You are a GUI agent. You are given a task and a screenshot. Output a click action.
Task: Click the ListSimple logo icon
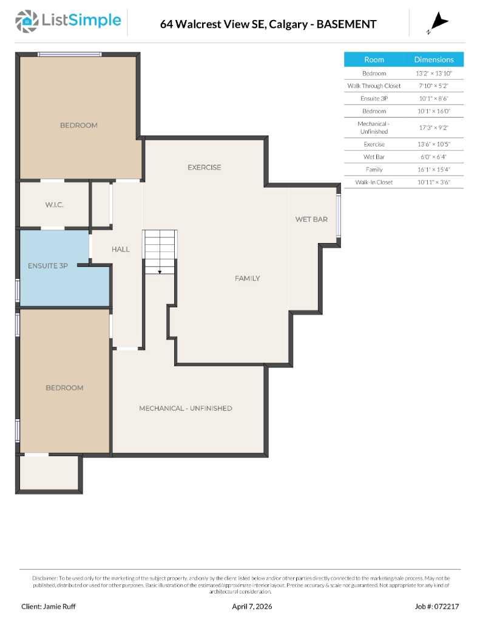pos(26,21)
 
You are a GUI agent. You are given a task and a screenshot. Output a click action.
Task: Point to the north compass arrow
pos(439,24)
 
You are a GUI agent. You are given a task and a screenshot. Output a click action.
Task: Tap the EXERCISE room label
pos(204,168)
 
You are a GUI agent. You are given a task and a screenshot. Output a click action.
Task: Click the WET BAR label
pos(311,219)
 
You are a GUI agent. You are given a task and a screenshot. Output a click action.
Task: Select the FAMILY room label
pos(248,278)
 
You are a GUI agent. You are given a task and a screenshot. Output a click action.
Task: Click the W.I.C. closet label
pos(54,205)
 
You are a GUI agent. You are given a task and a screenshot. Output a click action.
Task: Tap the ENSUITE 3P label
pos(48,265)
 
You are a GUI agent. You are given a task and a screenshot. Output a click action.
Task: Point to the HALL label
pos(120,249)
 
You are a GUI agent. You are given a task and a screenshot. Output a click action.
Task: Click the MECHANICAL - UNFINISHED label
pos(186,408)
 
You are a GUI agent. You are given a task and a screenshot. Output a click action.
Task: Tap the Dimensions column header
pos(434,60)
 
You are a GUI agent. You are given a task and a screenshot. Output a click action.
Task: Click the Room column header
pos(374,60)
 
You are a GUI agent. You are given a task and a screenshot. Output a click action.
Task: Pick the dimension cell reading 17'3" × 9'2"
pos(434,128)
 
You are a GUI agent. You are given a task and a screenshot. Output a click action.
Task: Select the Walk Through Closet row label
pos(374,86)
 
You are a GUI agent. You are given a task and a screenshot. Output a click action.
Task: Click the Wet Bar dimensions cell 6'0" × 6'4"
pos(434,157)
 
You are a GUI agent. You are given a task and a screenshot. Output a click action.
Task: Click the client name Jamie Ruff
pos(49,606)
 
